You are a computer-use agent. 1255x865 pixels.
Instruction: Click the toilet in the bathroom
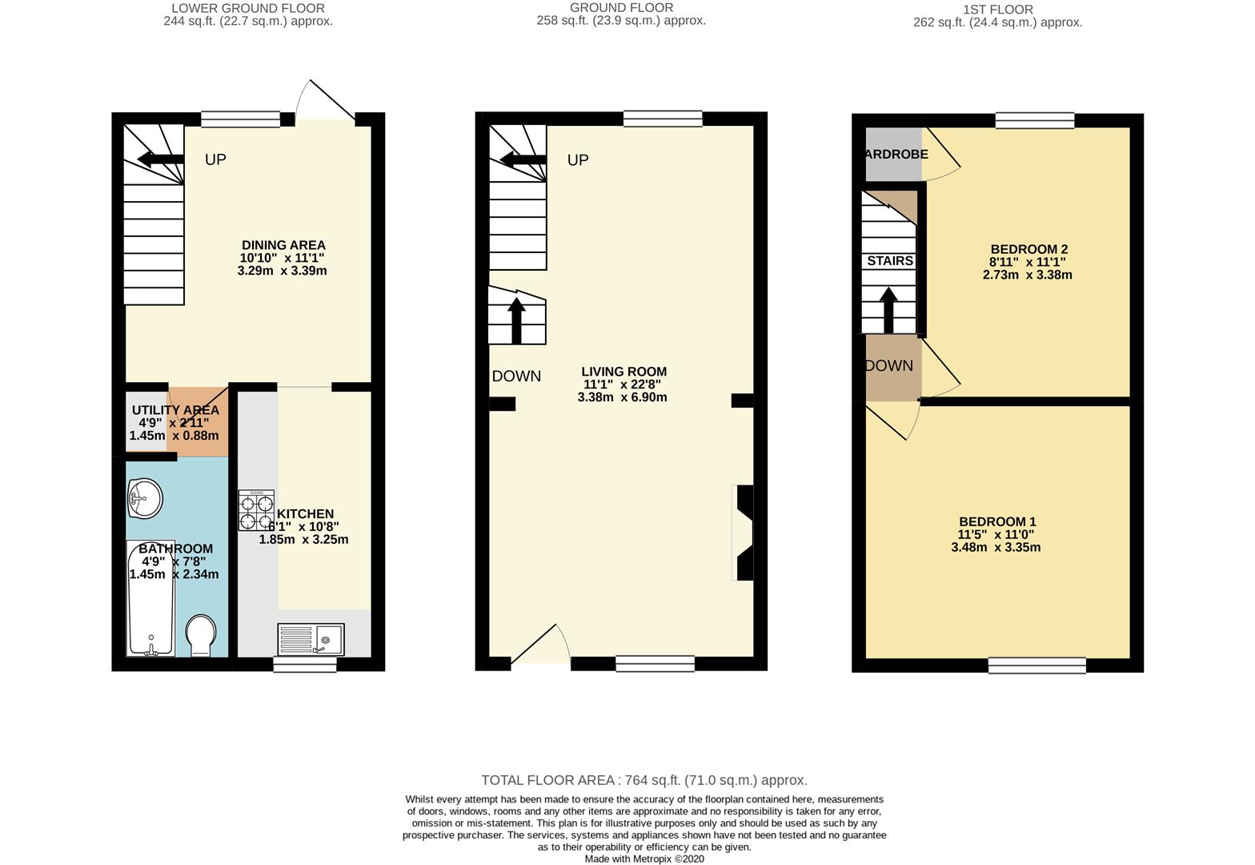pyautogui.click(x=200, y=635)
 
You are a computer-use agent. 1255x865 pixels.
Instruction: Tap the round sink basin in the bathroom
pyautogui.click(x=144, y=498)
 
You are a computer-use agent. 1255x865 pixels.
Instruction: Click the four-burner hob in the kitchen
pyautogui.click(x=256, y=510)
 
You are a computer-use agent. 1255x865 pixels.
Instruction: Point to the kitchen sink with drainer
pyautogui.click(x=311, y=638)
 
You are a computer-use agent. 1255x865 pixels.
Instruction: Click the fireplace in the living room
pyautogui.click(x=743, y=533)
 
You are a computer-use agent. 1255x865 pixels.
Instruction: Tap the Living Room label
pyautogui.click(x=623, y=372)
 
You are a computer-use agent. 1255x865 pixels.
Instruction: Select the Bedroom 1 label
pyautogui.click(x=996, y=521)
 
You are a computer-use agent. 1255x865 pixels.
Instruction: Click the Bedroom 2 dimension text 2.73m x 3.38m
pyautogui.click(x=1027, y=275)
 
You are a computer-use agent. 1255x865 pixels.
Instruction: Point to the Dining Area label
pyautogui.click(x=283, y=245)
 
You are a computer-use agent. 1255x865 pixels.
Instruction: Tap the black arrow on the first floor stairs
pyautogui.click(x=888, y=308)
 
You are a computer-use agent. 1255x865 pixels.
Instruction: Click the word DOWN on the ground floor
pyautogui.click(x=516, y=376)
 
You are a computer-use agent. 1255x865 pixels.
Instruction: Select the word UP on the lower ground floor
pyautogui.click(x=215, y=159)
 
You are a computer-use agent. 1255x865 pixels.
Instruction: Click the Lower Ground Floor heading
pyautogui.click(x=249, y=9)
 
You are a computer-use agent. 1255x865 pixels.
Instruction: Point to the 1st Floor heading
pyautogui.click(x=997, y=10)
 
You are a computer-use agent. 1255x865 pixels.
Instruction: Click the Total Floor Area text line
pyautogui.click(x=644, y=780)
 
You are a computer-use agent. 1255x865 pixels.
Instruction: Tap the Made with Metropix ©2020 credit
pyautogui.click(x=644, y=859)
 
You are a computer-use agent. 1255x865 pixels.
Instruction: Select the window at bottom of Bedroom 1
pyautogui.click(x=1036, y=664)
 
